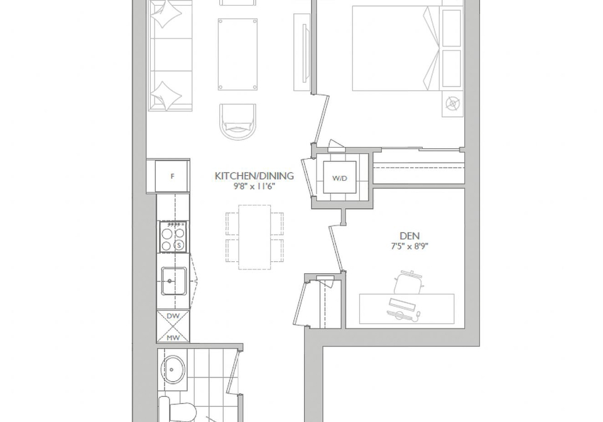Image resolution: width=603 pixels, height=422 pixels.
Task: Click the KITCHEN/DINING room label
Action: click(254, 176)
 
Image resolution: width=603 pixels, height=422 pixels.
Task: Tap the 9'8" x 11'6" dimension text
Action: click(252, 187)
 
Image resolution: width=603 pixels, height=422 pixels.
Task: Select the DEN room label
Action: click(410, 236)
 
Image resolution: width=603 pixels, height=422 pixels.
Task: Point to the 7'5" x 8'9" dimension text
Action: click(410, 246)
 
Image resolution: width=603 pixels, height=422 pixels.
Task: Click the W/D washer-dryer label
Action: click(340, 178)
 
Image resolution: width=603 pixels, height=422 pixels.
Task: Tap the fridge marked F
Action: click(172, 176)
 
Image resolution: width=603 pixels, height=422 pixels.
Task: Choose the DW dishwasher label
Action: click(173, 316)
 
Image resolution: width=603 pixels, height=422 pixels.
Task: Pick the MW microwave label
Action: click(173, 338)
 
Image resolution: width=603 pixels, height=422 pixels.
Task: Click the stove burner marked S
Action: click(179, 245)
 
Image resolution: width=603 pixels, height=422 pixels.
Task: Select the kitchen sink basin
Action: click(173, 281)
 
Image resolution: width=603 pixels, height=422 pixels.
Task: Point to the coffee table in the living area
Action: click(237, 54)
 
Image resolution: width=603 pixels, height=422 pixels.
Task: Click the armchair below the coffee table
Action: click(237, 122)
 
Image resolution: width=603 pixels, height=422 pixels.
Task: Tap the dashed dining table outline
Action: click(254, 237)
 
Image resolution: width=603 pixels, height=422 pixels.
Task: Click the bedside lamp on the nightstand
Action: click(453, 104)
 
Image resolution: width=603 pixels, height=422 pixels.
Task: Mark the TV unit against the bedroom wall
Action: click(302, 53)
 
